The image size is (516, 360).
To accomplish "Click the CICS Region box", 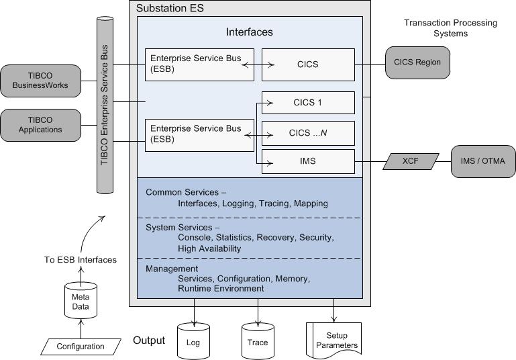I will point(417,64).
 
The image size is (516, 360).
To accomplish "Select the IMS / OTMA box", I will point(483,161).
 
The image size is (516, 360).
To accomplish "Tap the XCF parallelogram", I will point(411,161).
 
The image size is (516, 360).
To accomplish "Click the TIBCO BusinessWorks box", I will point(41,81).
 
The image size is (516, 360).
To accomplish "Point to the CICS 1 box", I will point(308,103).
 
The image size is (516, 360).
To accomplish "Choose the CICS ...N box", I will point(308,132).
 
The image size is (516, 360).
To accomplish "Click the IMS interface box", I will point(308,161).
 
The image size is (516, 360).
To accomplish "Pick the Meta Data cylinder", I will point(81,301).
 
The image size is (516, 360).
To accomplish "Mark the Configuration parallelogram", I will point(81,347).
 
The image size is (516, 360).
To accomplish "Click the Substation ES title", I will point(170,9).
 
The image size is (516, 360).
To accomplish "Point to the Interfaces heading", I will point(249,32).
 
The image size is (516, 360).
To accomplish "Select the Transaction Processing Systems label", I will point(450,28).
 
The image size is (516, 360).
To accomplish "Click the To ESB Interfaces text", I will point(81,260).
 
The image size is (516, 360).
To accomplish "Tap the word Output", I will point(149,341).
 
